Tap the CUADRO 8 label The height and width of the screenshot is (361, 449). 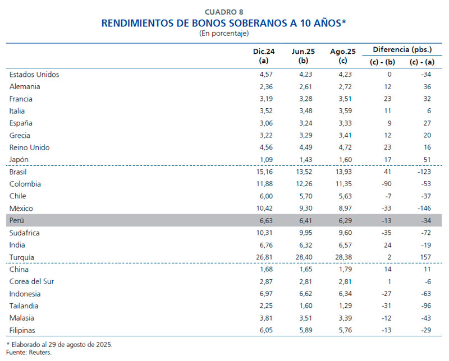point(224,11)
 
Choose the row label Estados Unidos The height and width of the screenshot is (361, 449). point(34,74)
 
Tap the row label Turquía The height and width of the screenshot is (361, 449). point(22,257)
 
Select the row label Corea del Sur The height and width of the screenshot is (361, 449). point(31,281)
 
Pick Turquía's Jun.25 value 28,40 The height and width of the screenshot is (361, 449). point(303,257)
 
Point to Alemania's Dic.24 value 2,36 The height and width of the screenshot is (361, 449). point(265,86)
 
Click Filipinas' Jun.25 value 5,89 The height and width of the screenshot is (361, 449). point(304,330)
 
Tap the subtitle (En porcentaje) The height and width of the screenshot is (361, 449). point(224,34)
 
